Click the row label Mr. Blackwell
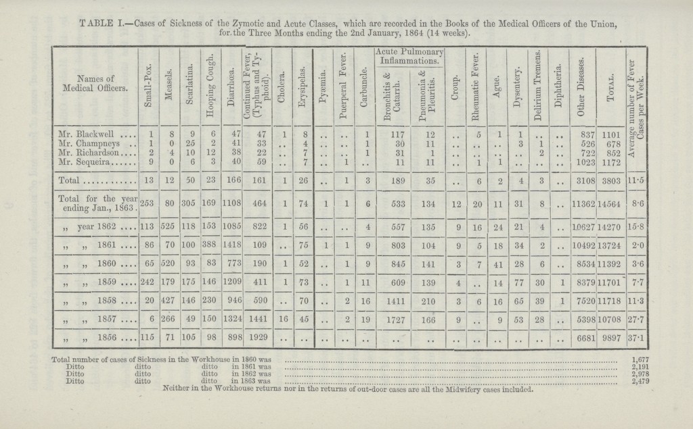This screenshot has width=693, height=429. (83, 134)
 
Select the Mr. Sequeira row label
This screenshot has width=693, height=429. (81, 162)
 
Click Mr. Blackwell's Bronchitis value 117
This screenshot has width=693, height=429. (398, 134)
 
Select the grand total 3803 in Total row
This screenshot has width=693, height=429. (611, 180)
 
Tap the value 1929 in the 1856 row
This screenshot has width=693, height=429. (258, 339)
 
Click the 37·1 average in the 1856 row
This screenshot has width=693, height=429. (636, 339)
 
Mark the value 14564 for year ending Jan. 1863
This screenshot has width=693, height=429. (611, 204)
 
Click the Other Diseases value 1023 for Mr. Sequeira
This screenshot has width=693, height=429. (581, 163)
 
